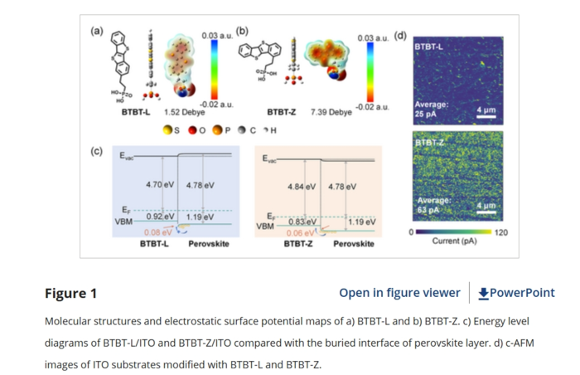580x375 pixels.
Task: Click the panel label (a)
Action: pyautogui.click(x=96, y=31)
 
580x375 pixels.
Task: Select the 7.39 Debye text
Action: pyautogui.click(x=328, y=112)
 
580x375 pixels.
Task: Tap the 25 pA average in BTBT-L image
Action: pyautogui.click(x=427, y=114)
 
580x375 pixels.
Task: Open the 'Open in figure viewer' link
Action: pyautogui.click(x=399, y=293)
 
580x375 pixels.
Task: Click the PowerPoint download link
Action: pyautogui.click(x=516, y=293)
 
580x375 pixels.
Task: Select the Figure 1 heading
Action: pyautogui.click(x=70, y=294)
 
